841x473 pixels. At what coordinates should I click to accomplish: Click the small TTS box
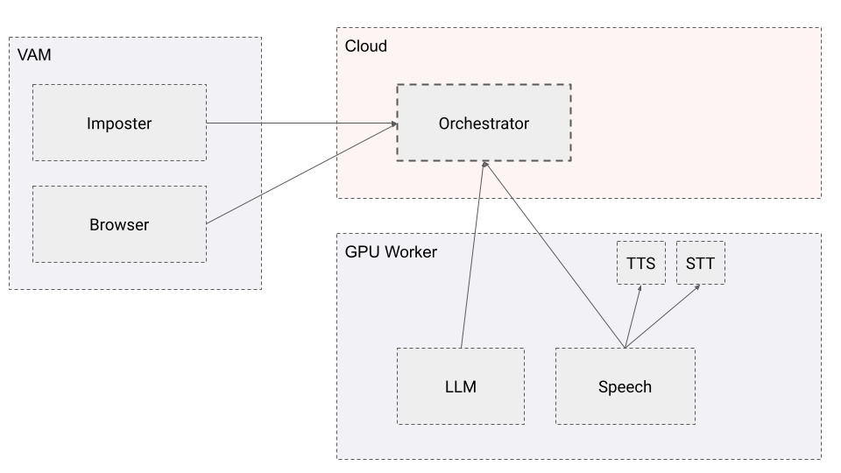[641, 263]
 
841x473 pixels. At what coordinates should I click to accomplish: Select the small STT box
[701, 263]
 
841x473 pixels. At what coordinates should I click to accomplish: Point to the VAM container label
[34, 55]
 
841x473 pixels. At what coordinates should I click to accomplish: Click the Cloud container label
[366, 46]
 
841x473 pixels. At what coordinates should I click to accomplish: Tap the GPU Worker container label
[391, 252]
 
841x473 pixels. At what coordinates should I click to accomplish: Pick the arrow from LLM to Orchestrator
[471, 254]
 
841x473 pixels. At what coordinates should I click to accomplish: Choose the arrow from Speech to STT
[661, 317]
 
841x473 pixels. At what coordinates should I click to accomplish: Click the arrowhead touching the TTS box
[640, 288]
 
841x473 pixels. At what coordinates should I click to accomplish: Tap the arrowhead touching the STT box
[697, 287]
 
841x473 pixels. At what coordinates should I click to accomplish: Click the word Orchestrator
[484, 124]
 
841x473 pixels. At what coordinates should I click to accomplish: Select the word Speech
[625, 387]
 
